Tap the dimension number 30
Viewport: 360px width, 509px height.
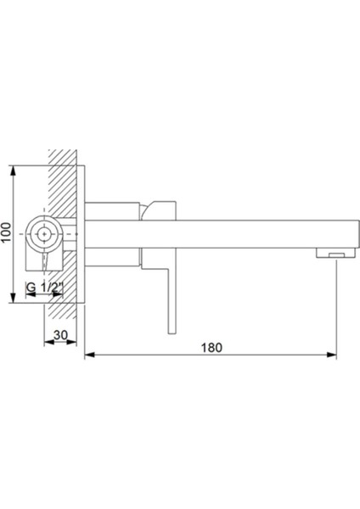61,335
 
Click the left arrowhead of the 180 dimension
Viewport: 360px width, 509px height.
89,355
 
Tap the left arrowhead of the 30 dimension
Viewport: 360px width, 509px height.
46,344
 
